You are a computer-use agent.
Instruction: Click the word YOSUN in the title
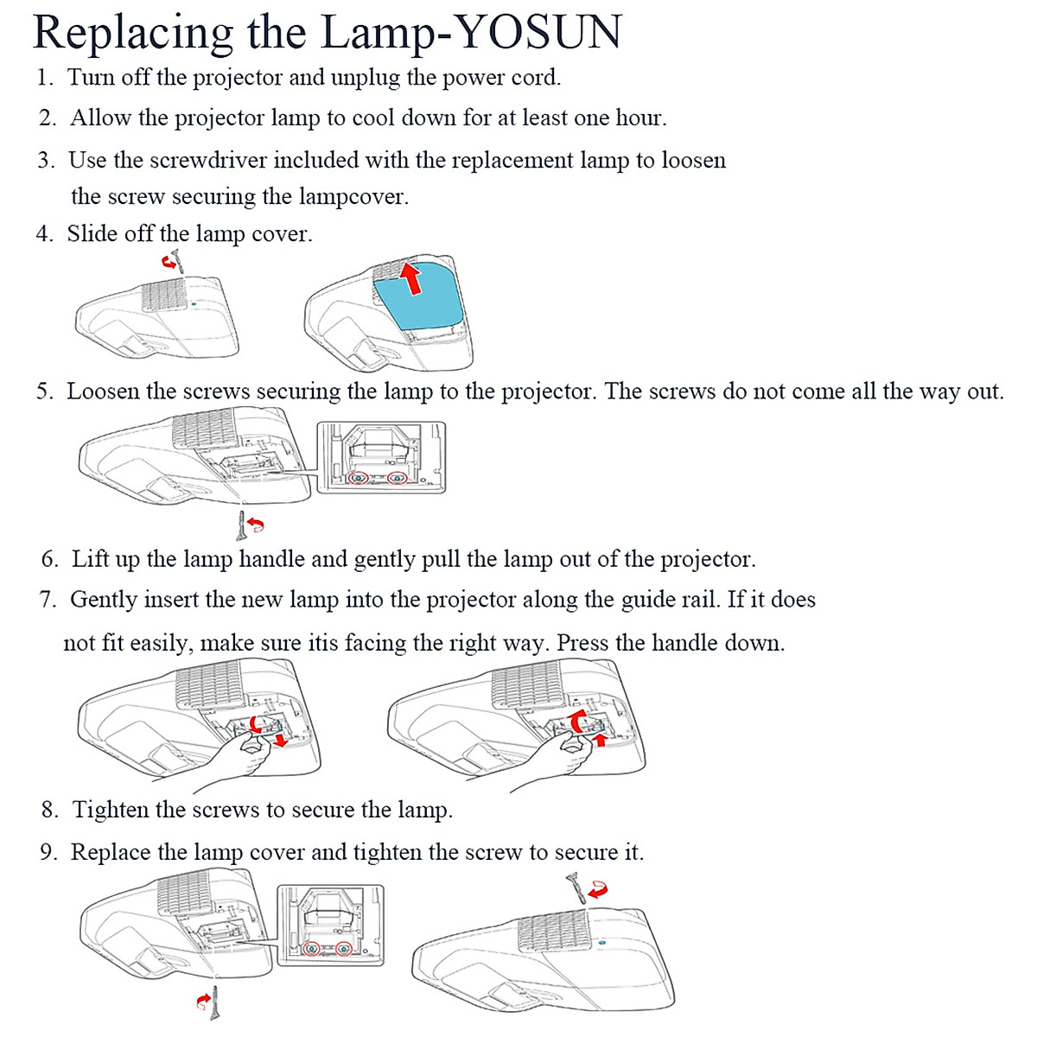click(x=538, y=33)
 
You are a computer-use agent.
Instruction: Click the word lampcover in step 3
click(x=353, y=197)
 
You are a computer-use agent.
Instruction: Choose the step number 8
click(x=50, y=810)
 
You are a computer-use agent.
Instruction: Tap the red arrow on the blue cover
click(x=413, y=278)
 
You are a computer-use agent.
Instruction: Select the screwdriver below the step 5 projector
click(x=240, y=524)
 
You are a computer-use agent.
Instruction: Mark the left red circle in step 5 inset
click(x=358, y=478)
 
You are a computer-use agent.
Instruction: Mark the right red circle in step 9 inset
click(x=344, y=949)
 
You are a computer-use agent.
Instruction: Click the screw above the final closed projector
click(x=575, y=887)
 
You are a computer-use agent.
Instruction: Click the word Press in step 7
click(x=582, y=643)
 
